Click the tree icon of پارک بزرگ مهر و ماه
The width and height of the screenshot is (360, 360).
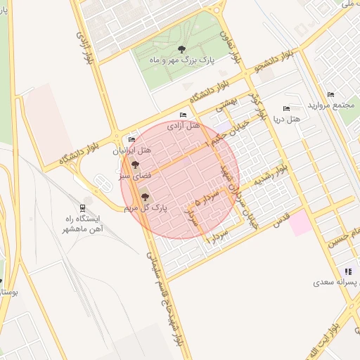click(x=182, y=49)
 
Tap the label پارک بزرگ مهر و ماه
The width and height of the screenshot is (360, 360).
click(x=180, y=60)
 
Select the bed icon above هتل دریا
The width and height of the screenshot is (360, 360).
click(x=285, y=108)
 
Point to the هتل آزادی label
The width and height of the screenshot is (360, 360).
click(x=184, y=125)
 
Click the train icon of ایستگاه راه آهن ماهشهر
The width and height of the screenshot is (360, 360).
click(x=84, y=207)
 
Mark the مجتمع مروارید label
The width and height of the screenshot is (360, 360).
click(x=331, y=105)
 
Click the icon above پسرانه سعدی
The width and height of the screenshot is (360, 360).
click(x=347, y=271)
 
